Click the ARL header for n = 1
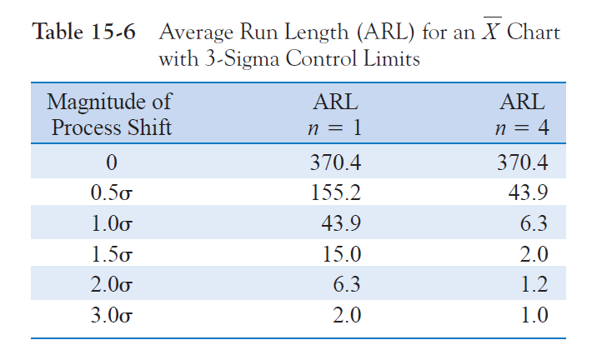(x=335, y=115)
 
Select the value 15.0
(x=342, y=254)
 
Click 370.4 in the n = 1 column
(x=335, y=162)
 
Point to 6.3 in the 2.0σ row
(x=346, y=285)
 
